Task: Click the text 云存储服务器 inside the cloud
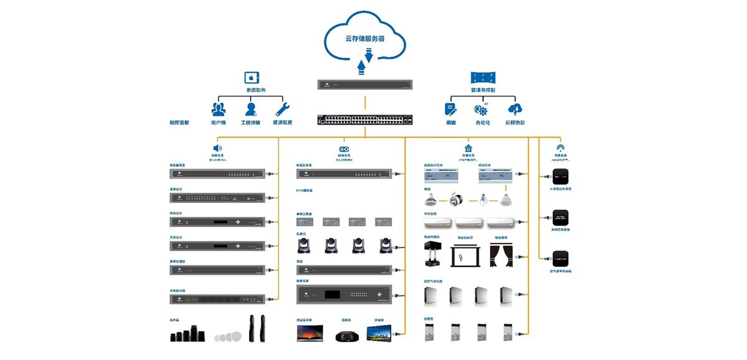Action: coord(365,39)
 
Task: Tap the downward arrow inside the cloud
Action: coord(368,55)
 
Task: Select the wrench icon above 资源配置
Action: coord(282,109)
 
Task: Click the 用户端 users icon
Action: coord(218,109)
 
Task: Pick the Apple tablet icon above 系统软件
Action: coord(252,77)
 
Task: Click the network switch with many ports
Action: coord(365,120)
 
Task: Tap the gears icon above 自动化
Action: coord(481,110)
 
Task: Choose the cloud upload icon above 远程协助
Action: coord(515,109)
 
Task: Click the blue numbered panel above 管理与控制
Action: coord(482,77)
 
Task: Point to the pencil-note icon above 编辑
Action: coord(451,109)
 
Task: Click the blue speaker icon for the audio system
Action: coord(218,148)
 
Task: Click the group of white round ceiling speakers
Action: coord(227,336)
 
